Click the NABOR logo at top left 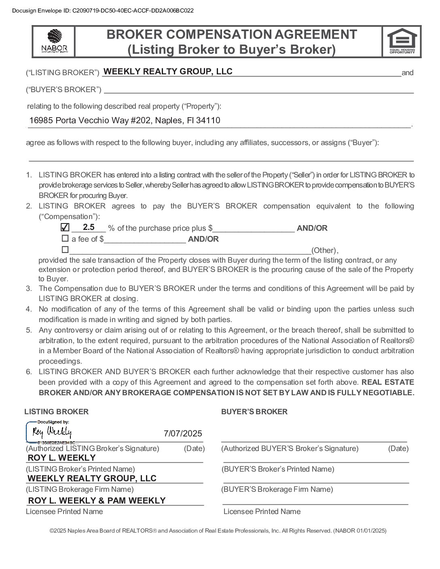pyautogui.click(x=54, y=41)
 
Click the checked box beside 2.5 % pyautogui.click(x=65, y=228)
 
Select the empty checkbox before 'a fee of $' pyautogui.click(x=65, y=238)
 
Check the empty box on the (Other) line pyautogui.click(x=65, y=249)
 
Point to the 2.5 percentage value pyautogui.click(x=89, y=227)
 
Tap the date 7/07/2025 pyautogui.click(x=182, y=434)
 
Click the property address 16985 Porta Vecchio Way pyautogui.click(x=125, y=120)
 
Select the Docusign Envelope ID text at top pyautogui.click(x=103, y=11)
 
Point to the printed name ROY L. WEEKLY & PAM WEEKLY pyautogui.click(x=97, y=501)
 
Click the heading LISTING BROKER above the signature pyautogui.click(x=56, y=412)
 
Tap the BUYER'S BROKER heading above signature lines pyautogui.click(x=254, y=412)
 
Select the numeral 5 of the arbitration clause pyautogui.click(x=29, y=330)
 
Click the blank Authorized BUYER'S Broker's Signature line pyautogui.click(x=313, y=438)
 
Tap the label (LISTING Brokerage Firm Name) pyautogui.click(x=80, y=489)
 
